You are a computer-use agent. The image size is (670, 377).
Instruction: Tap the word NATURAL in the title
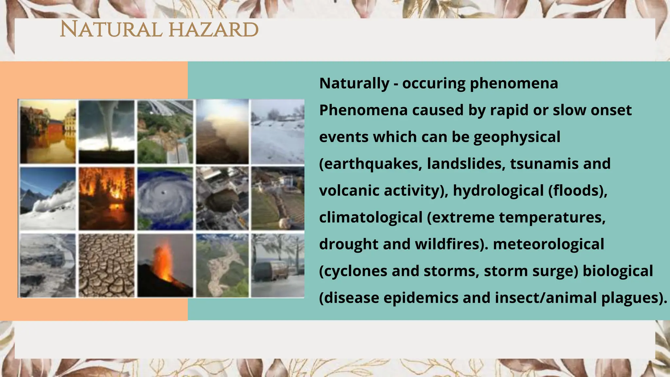coord(111,30)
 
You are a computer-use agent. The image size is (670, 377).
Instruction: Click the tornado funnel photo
coord(107,132)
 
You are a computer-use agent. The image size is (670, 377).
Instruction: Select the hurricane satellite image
coord(165,199)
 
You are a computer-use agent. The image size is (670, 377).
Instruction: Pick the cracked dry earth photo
coord(107,265)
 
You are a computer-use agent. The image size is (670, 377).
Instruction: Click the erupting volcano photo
coord(165,265)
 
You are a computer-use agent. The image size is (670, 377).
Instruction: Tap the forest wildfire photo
coord(107,199)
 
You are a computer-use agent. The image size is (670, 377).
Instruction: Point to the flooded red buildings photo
coord(48,132)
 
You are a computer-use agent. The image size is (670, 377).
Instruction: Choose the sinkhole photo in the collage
coord(222,199)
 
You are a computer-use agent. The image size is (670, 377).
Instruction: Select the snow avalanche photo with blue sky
coord(48,199)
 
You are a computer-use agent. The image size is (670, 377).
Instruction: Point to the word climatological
coord(371,217)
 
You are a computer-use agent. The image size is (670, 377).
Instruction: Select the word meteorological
coord(548,244)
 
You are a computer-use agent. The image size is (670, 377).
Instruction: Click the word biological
coord(618,271)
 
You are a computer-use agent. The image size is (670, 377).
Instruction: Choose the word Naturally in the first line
coord(354,83)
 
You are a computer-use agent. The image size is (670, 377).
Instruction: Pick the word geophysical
coord(517,137)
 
